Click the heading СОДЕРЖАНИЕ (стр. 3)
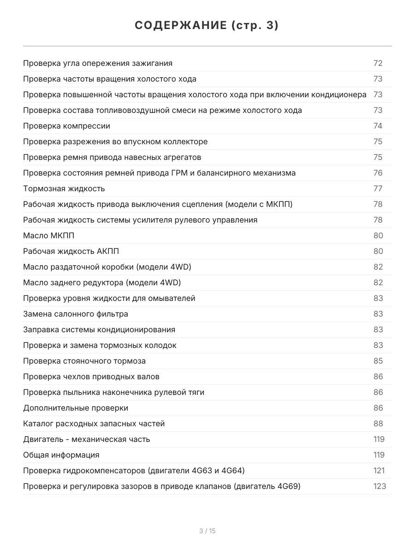point(207,26)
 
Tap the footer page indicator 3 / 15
point(207,531)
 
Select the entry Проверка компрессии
point(66,126)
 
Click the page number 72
point(378,63)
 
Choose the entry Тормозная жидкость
point(64,188)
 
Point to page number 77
point(378,188)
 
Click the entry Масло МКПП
point(49,235)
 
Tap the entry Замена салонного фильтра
point(76,314)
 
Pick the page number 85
point(378,361)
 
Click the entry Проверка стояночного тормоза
point(84,361)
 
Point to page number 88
point(378,424)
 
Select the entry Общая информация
point(61,455)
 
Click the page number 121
point(379,471)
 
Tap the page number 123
point(379,486)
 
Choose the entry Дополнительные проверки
point(76,408)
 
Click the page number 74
point(378,126)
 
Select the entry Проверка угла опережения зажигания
point(98,63)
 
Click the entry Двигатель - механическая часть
point(87,439)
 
